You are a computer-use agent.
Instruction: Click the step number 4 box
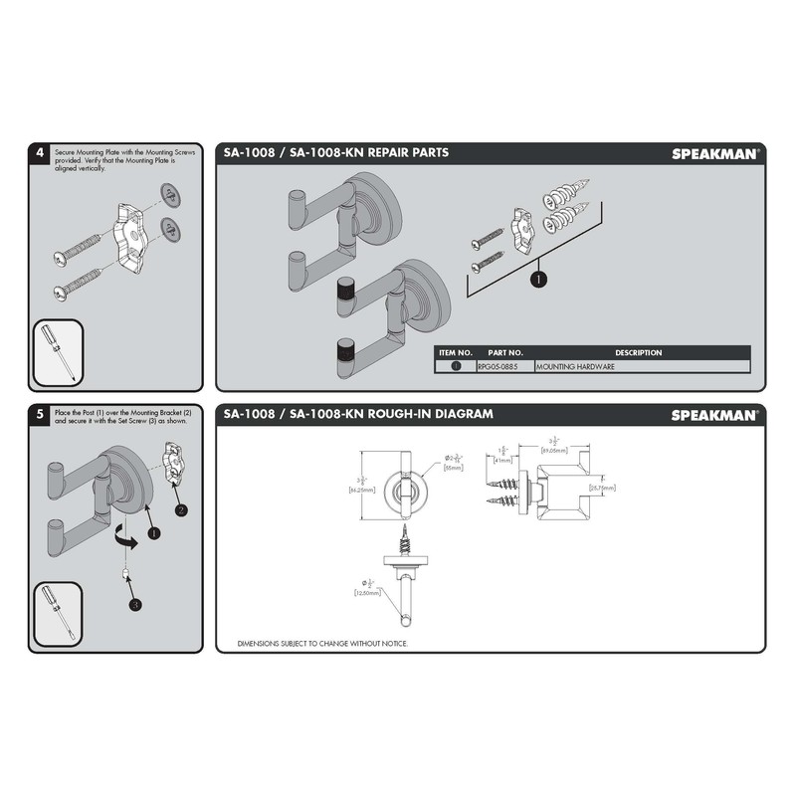(x=39, y=152)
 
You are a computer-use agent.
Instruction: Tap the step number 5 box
(x=39, y=413)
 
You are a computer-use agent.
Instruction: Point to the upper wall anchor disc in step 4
(x=171, y=195)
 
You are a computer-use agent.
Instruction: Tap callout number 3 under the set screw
(x=133, y=604)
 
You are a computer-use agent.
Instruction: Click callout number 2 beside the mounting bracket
(x=180, y=510)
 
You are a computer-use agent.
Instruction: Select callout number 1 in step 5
(x=153, y=533)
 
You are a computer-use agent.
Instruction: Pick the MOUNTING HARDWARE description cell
(x=577, y=366)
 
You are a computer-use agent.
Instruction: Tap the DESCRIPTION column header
(x=638, y=352)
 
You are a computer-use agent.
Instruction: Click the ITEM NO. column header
(x=456, y=352)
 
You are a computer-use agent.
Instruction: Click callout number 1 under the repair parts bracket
(x=538, y=281)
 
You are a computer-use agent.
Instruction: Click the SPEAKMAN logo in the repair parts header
(x=714, y=153)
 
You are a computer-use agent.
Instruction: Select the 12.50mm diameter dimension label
(x=367, y=592)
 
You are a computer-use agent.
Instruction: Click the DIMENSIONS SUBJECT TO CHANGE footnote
(x=322, y=644)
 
